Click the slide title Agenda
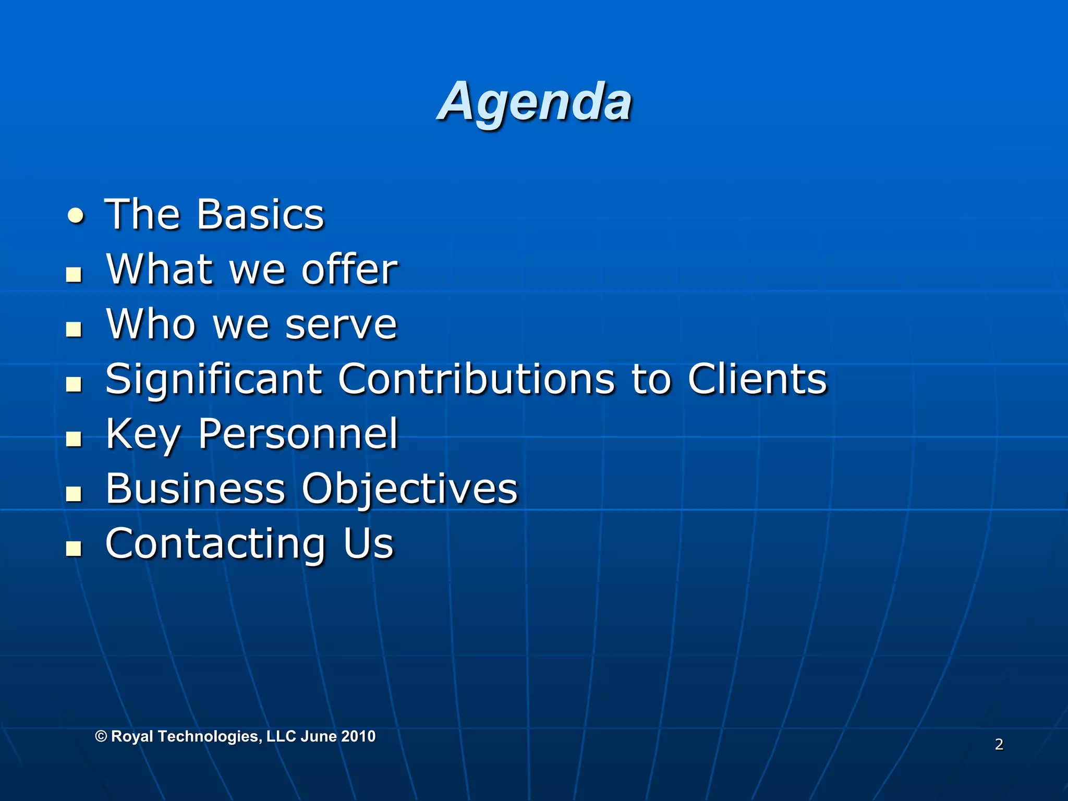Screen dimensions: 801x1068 [535, 102]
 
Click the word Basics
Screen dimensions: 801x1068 [260, 214]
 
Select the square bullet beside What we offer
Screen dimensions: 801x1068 [74, 274]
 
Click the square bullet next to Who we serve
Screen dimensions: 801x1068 [74, 329]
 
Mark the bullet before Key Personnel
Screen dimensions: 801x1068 [74, 439]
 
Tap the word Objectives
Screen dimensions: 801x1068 [410, 490]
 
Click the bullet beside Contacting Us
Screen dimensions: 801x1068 [74, 548]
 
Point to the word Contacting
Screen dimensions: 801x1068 [216, 544]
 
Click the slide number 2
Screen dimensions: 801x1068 [999, 744]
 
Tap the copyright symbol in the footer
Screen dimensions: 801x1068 [101, 736]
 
